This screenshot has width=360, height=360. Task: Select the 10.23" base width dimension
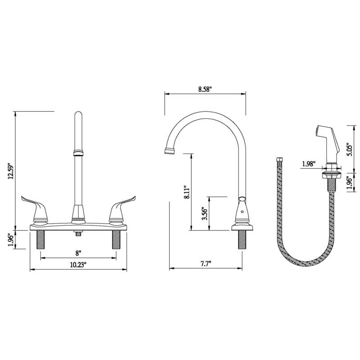click(78, 265)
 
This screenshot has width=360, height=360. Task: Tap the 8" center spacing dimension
click(78, 252)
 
